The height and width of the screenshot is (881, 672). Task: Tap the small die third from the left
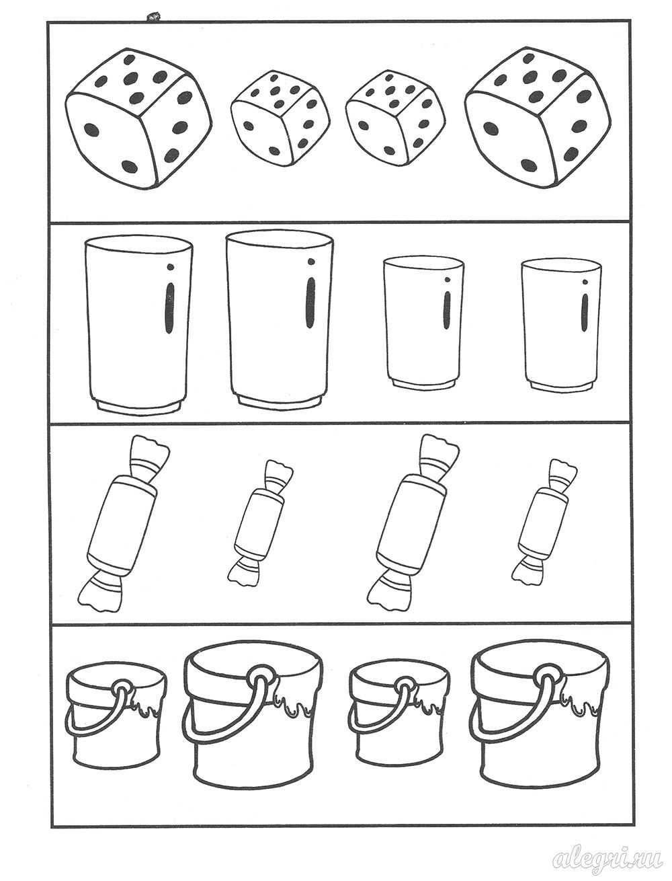pos(396,118)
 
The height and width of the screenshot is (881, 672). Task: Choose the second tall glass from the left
pos(280,320)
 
